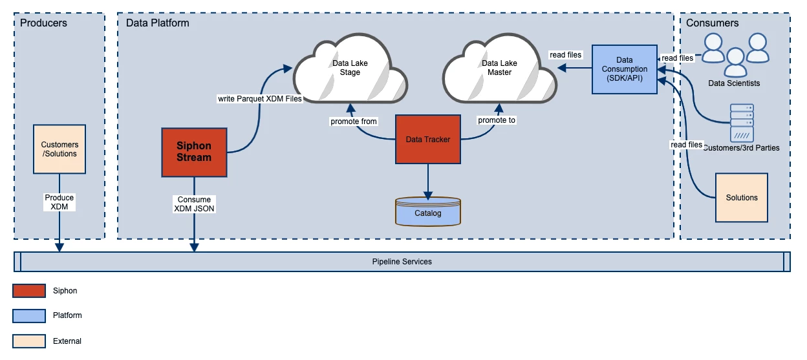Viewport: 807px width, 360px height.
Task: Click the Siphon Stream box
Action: click(194, 152)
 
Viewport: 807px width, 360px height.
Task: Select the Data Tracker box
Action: click(427, 140)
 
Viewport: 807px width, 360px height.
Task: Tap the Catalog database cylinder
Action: click(427, 213)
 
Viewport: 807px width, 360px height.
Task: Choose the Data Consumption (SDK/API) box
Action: click(624, 69)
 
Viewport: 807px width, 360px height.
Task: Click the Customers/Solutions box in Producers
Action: click(59, 149)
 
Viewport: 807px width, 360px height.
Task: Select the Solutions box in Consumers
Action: click(741, 197)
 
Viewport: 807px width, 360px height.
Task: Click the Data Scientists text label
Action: click(734, 83)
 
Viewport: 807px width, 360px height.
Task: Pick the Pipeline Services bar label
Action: click(402, 262)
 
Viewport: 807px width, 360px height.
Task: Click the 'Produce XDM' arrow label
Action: click(59, 202)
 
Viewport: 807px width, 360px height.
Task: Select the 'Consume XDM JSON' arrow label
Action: click(195, 204)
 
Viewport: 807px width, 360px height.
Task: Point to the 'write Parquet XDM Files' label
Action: click(260, 99)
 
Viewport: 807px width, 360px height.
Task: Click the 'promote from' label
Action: click(353, 121)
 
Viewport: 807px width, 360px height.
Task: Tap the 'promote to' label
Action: click(497, 120)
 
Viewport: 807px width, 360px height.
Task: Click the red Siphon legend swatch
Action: click(29, 291)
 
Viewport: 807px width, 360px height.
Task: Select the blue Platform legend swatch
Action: click(29, 315)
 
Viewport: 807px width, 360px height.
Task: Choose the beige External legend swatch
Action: click(29, 341)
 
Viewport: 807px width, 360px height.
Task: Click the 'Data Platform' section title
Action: click(157, 23)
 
